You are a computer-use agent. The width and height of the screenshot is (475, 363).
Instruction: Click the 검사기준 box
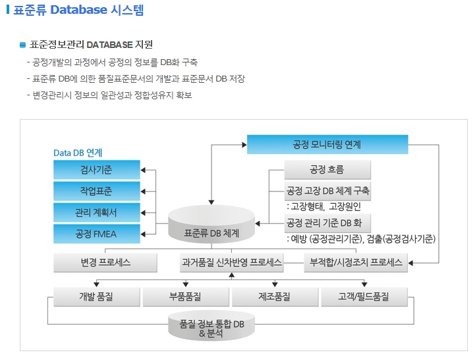(96, 170)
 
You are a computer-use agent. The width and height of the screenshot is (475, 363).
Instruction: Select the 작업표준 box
(96, 191)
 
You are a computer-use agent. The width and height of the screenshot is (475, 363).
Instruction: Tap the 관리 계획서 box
(96, 212)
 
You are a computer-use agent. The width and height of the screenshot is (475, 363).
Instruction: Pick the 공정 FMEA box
(96, 233)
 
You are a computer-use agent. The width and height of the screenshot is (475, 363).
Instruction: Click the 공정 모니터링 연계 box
(327, 144)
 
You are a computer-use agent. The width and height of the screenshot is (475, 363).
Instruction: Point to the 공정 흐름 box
(327, 170)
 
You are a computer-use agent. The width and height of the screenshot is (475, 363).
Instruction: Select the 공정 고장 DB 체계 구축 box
(328, 191)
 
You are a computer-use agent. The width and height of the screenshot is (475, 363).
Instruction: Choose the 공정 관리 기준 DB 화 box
(328, 222)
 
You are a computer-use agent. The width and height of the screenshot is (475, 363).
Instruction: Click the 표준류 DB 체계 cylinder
(211, 226)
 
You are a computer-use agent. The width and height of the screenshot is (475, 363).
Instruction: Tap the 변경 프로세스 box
(105, 262)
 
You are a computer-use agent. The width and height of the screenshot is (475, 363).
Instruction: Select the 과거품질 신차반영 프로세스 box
(231, 262)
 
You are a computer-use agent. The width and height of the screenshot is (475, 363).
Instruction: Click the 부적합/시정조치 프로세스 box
(356, 262)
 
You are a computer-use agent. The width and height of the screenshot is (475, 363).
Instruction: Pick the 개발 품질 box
(96, 297)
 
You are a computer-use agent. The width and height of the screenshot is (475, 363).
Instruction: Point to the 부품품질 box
(185, 297)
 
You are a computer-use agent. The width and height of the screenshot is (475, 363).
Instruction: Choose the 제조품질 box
(275, 297)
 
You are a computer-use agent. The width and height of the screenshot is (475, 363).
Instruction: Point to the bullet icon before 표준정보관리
(22, 45)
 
